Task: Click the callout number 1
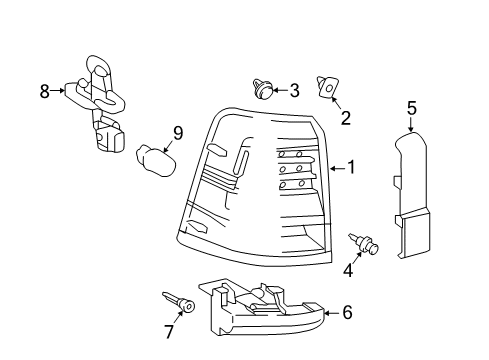click(351, 167)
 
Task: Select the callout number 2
click(346, 118)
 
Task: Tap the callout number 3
click(294, 90)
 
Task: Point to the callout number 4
click(348, 270)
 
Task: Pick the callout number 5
click(412, 108)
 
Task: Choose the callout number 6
click(347, 313)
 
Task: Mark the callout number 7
click(169, 332)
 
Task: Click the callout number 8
click(45, 91)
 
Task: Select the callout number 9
click(178, 134)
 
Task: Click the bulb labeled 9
click(156, 161)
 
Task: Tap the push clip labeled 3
click(262, 89)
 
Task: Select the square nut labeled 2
click(327, 87)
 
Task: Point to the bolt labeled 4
click(364, 243)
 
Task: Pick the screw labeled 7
click(179, 301)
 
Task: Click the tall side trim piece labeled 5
click(412, 195)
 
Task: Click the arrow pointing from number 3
click(280, 90)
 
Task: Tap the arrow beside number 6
click(332, 313)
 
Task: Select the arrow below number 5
click(411, 124)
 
